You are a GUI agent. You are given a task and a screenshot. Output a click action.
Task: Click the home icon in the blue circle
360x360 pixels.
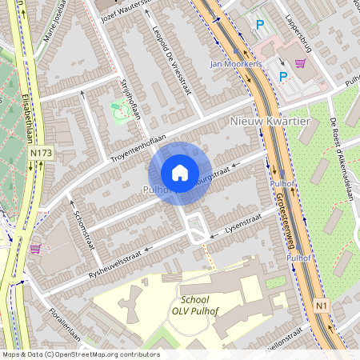180,173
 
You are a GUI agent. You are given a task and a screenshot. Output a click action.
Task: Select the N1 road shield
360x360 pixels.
322,306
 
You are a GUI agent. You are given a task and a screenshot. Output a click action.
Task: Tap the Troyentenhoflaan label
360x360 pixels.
138,143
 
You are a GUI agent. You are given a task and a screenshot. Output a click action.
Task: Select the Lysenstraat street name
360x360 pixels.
245,228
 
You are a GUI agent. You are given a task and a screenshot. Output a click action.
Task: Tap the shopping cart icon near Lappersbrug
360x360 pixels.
301,63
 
